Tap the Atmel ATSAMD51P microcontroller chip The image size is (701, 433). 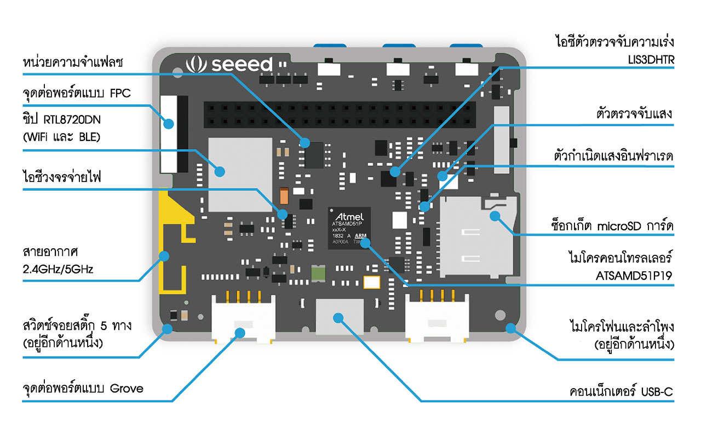tap(349, 227)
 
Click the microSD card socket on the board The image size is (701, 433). tap(478, 236)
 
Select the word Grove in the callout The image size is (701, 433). tap(127, 389)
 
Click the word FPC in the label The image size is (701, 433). tap(120, 93)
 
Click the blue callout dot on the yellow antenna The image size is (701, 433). tap(164, 255)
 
